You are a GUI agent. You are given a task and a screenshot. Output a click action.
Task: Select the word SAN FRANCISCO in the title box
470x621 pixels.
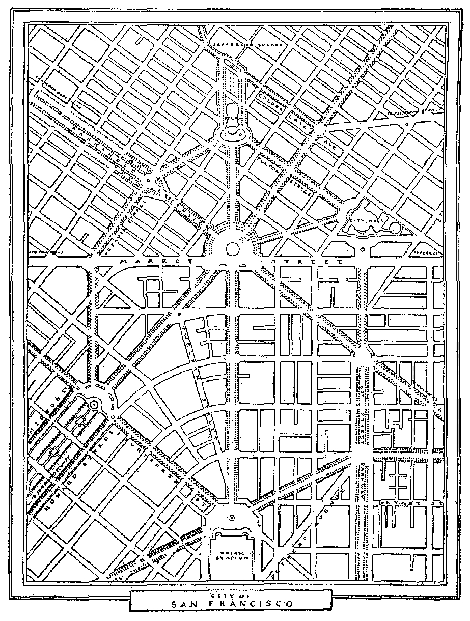(x=232, y=604)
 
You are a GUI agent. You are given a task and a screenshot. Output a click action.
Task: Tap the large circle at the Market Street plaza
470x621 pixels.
(x=232, y=248)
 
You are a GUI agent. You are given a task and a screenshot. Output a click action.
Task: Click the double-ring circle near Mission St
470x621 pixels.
(x=94, y=404)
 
